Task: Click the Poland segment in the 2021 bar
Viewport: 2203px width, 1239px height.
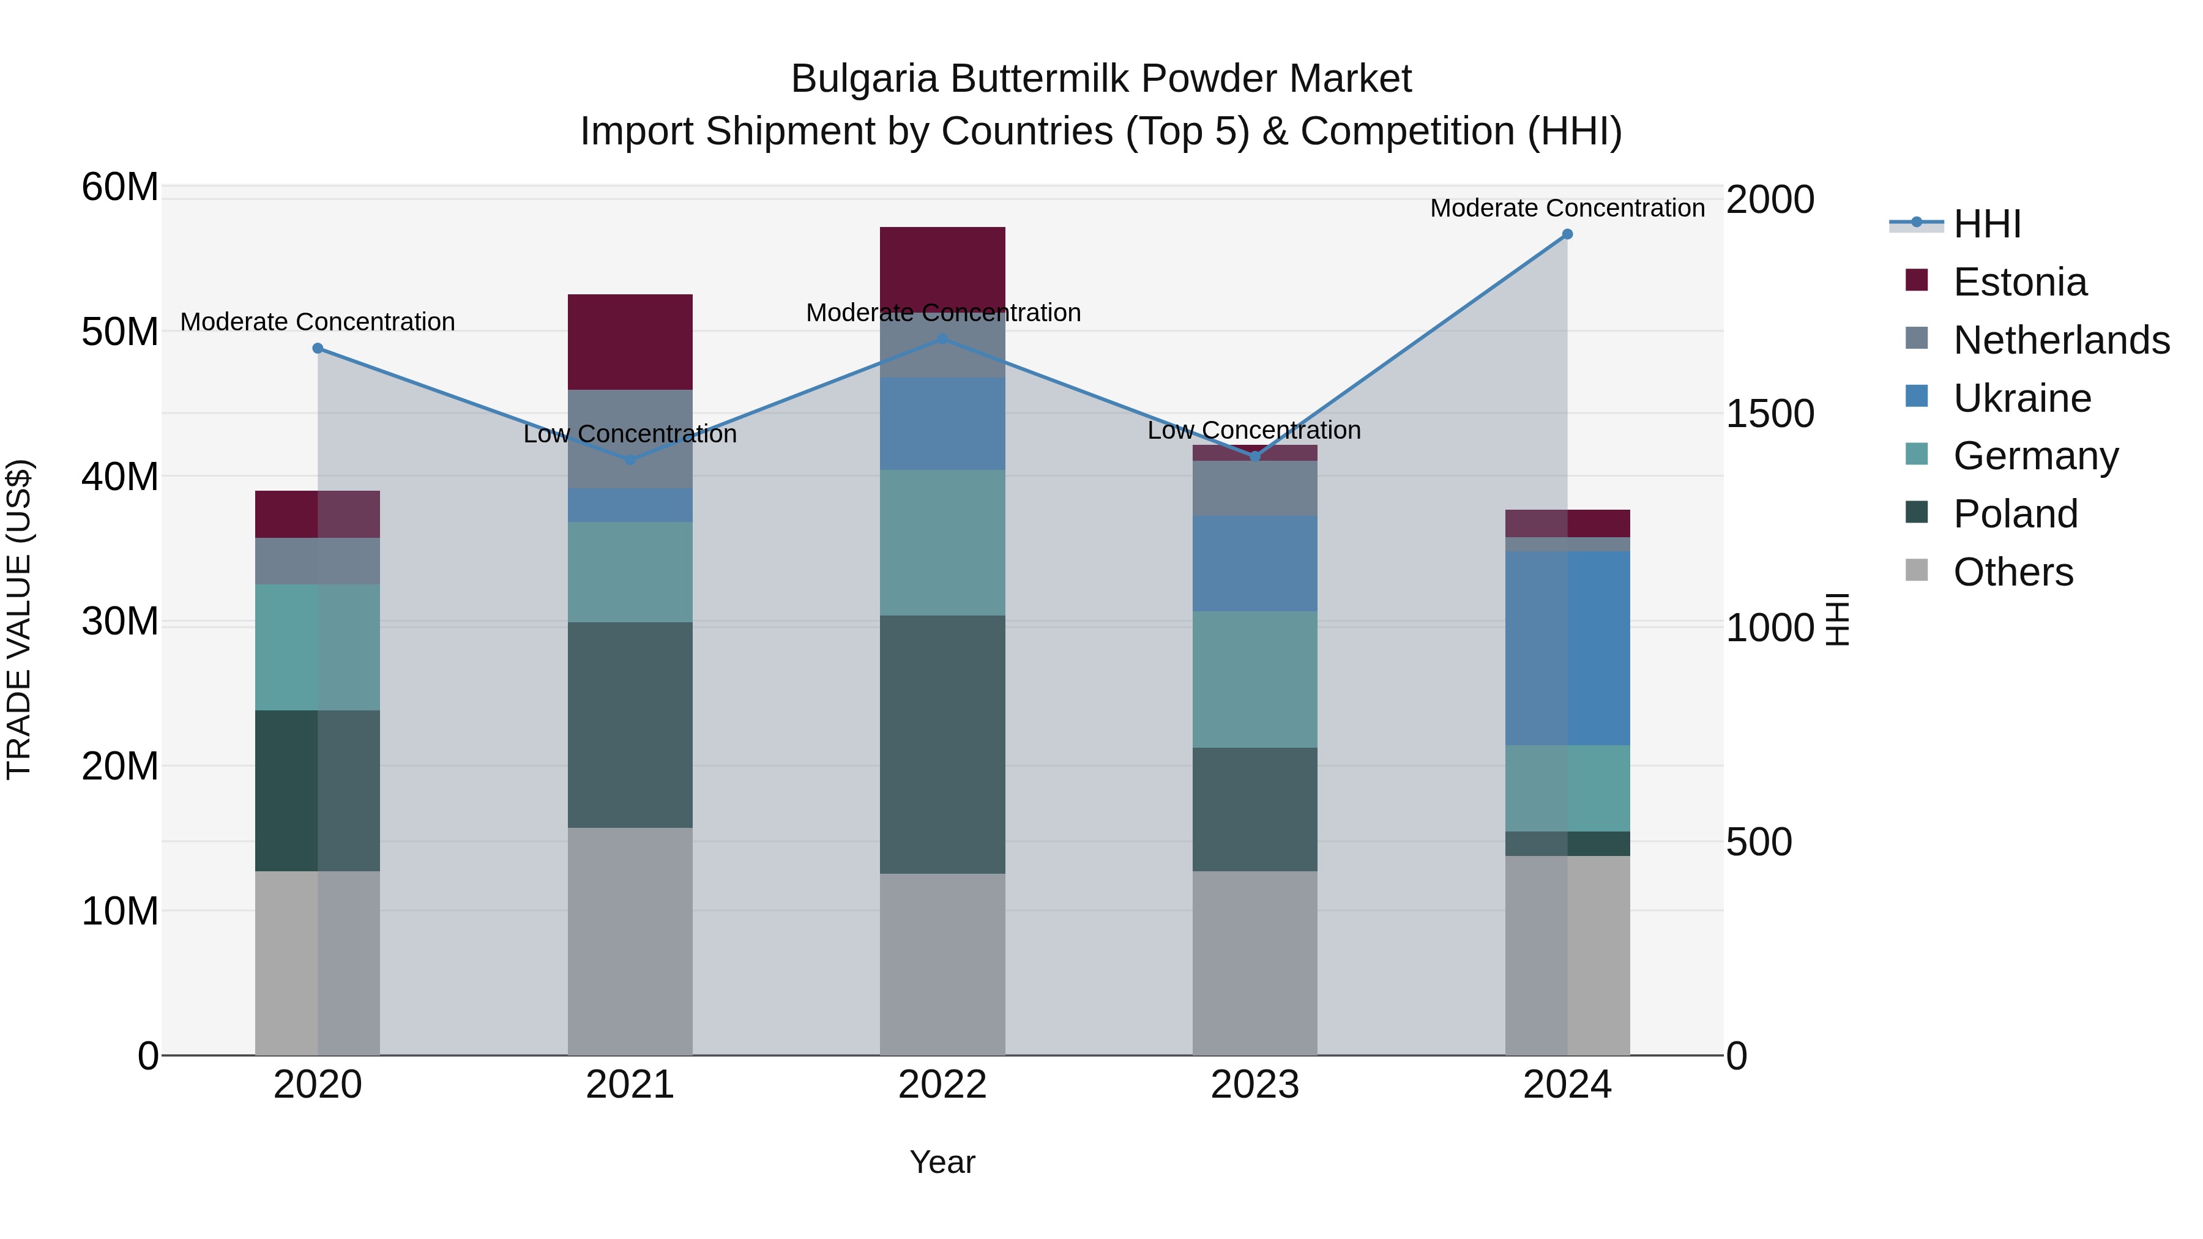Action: pyautogui.click(x=630, y=724)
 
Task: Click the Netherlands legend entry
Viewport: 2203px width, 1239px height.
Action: pyautogui.click(x=2061, y=340)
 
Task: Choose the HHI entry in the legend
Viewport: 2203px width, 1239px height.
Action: pyautogui.click(x=1986, y=224)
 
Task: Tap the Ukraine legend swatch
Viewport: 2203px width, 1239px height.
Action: pyautogui.click(x=1917, y=396)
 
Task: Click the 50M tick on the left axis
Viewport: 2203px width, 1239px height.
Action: pyautogui.click(x=120, y=332)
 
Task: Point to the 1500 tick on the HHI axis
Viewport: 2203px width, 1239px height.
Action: pyautogui.click(x=1769, y=414)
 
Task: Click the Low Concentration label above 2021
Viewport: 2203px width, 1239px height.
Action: pyautogui.click(x=630, y=434)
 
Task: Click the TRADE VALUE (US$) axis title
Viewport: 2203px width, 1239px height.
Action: pyautogui.click(x=19, y=619)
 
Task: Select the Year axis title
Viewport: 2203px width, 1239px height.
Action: pyautogui.click(x=942, y=1162)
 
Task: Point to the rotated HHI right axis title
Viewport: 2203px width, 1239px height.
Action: pyautogui.click(x=1837, y=619)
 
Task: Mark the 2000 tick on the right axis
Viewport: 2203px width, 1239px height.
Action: pyautogui.click(x=1769, y=200)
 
